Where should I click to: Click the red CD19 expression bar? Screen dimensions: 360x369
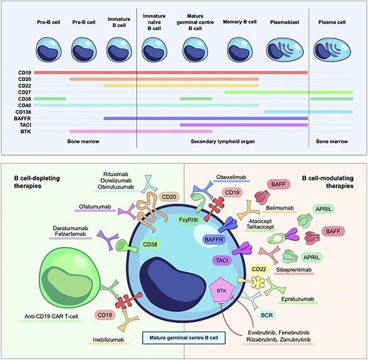click(x=170, y=72)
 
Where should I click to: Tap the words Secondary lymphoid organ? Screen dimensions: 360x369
click(x=221, y=142)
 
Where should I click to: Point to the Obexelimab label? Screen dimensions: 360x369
click(x=235, y=178)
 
